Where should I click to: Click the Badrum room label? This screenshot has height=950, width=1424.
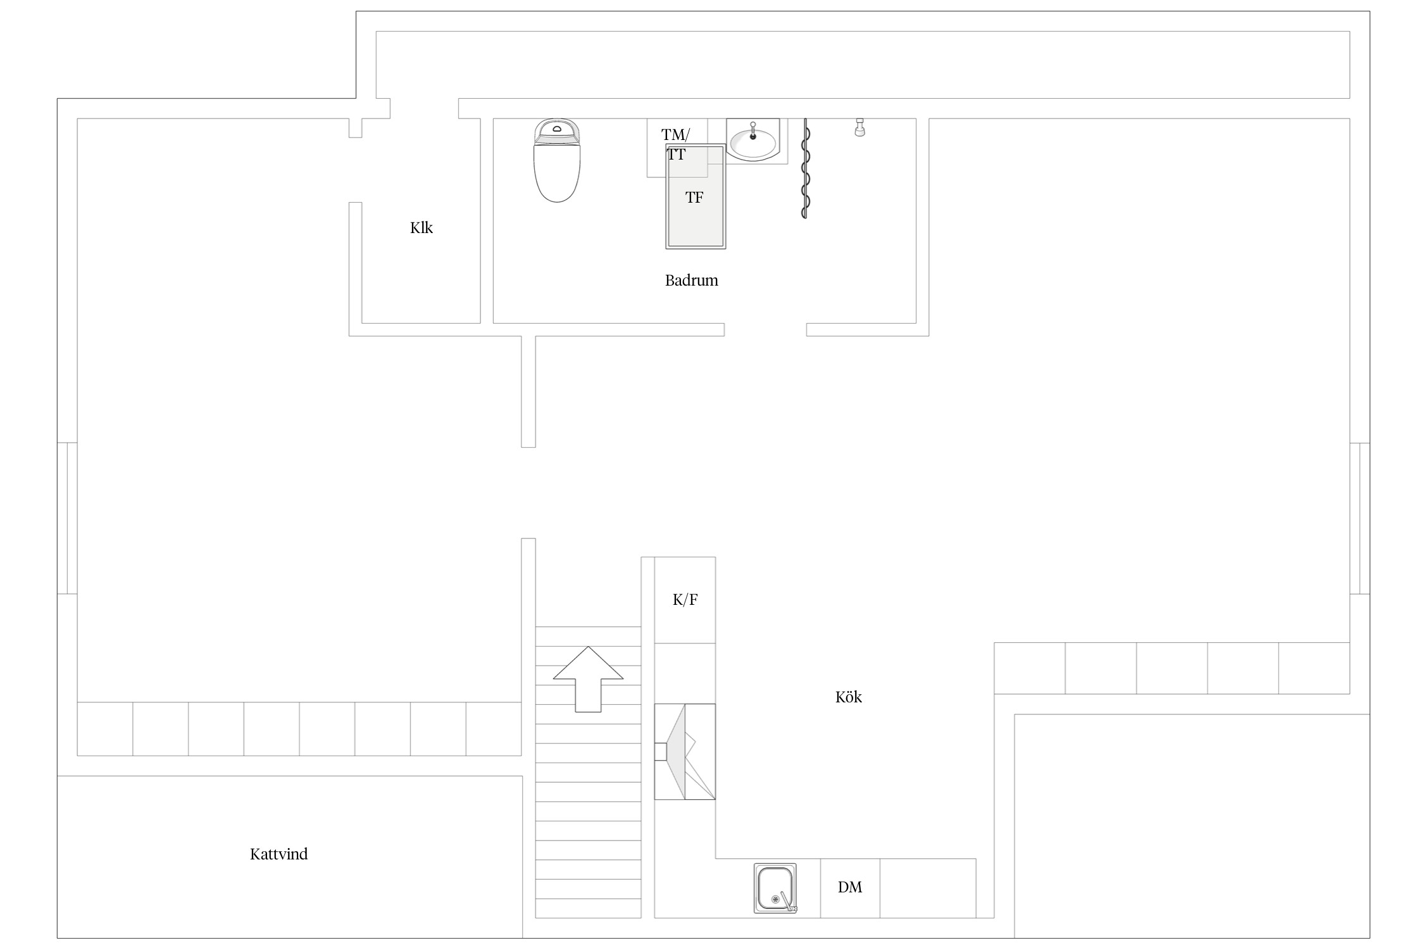coord(691,281)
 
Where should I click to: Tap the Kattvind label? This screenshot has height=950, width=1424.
coord(278,854)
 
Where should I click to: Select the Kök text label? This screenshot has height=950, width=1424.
coord(849,697)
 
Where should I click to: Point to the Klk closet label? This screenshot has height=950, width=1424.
coord(422,227)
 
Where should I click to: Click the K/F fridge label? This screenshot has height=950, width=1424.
coord(685,599)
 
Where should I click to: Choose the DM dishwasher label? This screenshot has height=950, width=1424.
coord(850,887)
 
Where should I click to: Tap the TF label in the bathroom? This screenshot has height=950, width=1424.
coord(694,198)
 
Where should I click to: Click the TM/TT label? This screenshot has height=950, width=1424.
coord(676,144)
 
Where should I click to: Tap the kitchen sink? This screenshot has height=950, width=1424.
coord(775,888)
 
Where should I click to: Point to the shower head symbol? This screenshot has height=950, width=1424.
coord(859,127)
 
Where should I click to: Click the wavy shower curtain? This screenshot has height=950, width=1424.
coord(805,168)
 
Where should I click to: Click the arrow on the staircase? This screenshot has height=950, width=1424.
coord(588,679)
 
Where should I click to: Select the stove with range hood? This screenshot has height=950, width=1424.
coord(685,752)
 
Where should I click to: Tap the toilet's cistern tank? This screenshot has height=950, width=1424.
coord(557,130)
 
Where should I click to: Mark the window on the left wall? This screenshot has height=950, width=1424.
coord(67,518)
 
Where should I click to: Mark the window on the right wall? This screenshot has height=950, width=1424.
coord(1359,518)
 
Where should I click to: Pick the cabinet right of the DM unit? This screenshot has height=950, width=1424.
coord(928,888)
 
